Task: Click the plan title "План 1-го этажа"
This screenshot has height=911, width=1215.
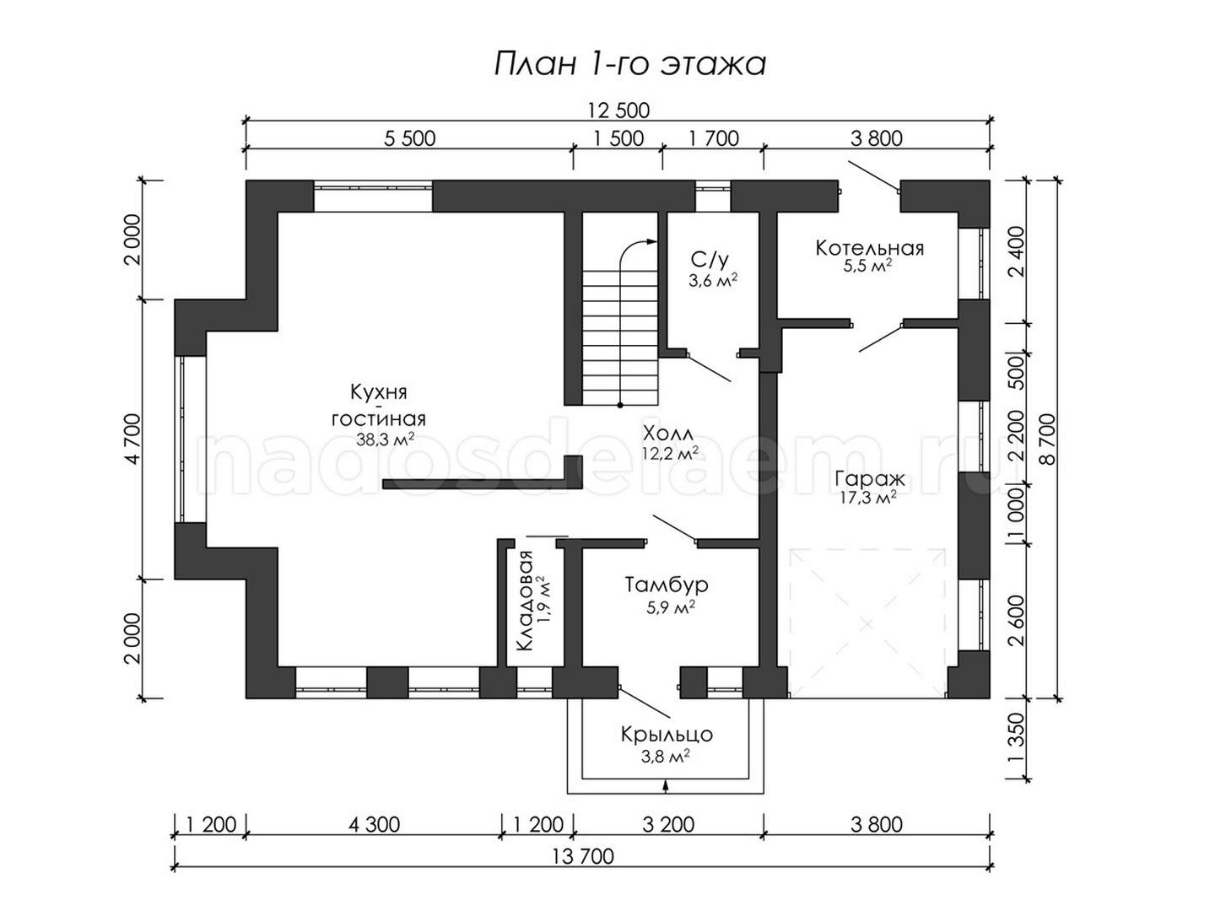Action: coord(630,65)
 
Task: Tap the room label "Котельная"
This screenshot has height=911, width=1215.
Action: coord(870,248)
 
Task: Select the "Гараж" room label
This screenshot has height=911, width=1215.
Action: coord(870,478)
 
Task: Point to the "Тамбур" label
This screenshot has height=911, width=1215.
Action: coord(667,585)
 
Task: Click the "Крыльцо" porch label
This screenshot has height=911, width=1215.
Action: coord(667,735)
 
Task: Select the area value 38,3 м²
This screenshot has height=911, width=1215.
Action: coord(386,439)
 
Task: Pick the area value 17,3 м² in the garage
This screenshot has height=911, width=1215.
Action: coord(868,499)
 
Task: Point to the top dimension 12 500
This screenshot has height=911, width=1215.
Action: coord(618,111)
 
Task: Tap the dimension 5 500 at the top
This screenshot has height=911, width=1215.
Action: coord(409,138)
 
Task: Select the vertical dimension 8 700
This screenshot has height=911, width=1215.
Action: coord(1048,439)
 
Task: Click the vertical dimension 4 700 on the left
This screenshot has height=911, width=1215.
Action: coord(133,439)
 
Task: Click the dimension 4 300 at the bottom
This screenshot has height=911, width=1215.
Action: coord(374,825)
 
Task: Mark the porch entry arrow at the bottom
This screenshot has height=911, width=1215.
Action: coord(666,786)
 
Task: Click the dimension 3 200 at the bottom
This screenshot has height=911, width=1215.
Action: coord(668,825)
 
